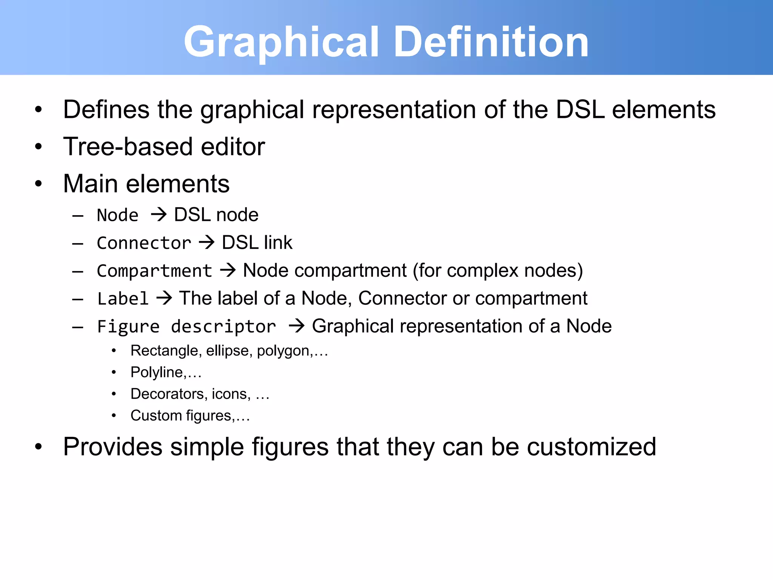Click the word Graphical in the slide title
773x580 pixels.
click(281, 42)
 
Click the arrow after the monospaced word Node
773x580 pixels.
click(159, 215)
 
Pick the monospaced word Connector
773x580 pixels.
click(144, 243)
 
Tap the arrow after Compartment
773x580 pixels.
click(228, 270)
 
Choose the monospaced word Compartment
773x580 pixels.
click(154, 271)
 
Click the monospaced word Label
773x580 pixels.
click(123, 299)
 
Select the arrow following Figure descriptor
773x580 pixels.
click(297, 326)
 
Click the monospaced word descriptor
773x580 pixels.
click(223, 327)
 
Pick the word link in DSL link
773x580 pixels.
click(278, 242)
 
